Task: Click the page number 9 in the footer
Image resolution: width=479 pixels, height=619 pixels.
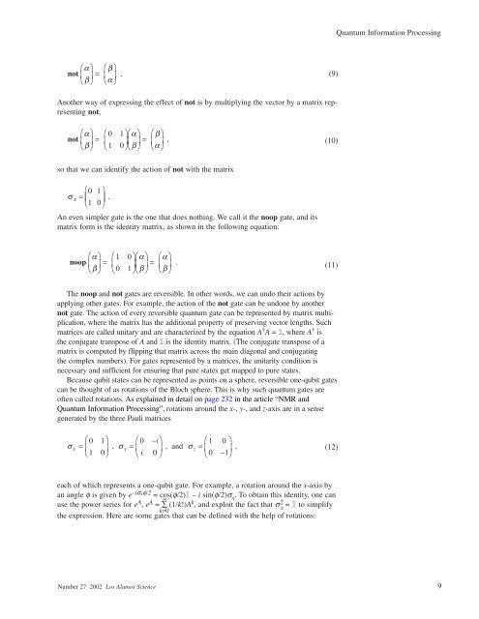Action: click(x=439, y=585)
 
